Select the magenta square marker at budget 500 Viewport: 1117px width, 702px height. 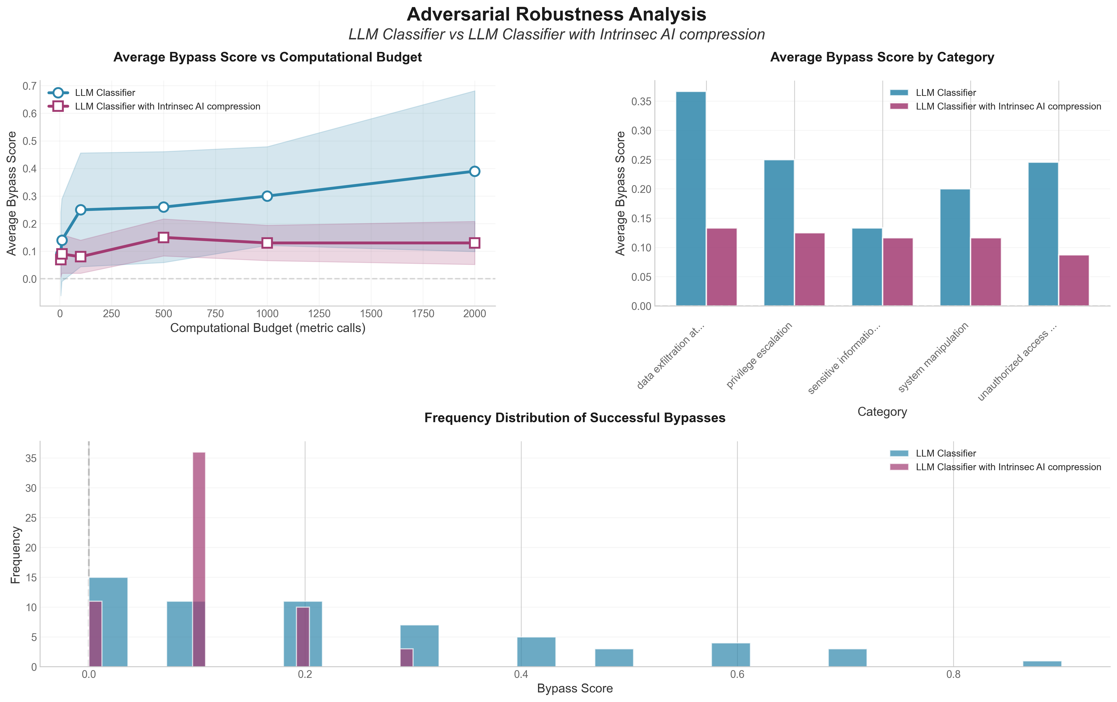tap(163, 237)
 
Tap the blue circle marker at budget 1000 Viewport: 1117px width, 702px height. tap(267, 196)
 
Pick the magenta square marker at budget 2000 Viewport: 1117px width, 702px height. tap(474, 243)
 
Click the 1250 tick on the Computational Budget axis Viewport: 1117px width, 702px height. tap(319, 314)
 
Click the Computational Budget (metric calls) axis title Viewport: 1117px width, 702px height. tap(268, 328)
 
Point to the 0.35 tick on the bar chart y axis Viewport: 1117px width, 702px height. tap(642, 102)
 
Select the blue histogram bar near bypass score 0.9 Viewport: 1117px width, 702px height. tap(1042, 664)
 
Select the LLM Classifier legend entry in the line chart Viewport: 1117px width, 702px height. tap(105, 93)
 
